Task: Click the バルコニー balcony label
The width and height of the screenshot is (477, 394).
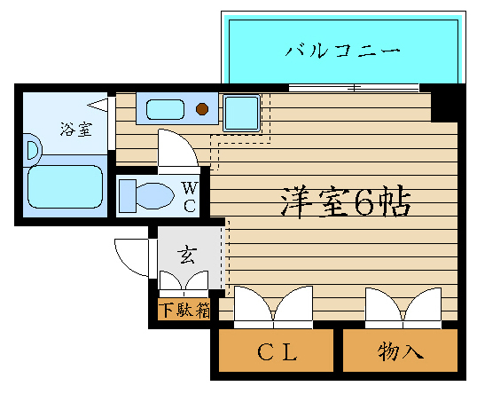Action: point(342,51)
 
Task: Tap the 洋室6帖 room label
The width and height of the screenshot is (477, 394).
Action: point(346,201)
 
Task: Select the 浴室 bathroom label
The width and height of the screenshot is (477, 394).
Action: point(75,129)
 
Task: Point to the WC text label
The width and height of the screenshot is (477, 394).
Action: point(190,197)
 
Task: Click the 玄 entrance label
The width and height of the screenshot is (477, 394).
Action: point(187,255)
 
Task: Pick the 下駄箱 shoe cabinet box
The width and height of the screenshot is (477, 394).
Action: point(184,310)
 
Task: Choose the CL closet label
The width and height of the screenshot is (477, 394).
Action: point(277,351)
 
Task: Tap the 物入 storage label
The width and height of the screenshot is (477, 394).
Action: point(401,351)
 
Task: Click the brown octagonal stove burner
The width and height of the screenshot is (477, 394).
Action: point(202,108)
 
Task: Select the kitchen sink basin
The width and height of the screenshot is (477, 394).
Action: point(165,109)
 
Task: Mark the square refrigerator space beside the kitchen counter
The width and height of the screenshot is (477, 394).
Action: point(242,113)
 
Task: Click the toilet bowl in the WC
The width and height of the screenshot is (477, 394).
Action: point(154,196)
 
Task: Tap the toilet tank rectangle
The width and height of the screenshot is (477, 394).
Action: point(128,196)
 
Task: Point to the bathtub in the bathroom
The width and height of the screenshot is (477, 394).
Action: point(65,186)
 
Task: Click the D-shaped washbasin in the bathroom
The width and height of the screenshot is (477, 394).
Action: point(33,150)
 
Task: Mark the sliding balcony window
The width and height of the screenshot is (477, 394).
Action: point(354,88)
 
